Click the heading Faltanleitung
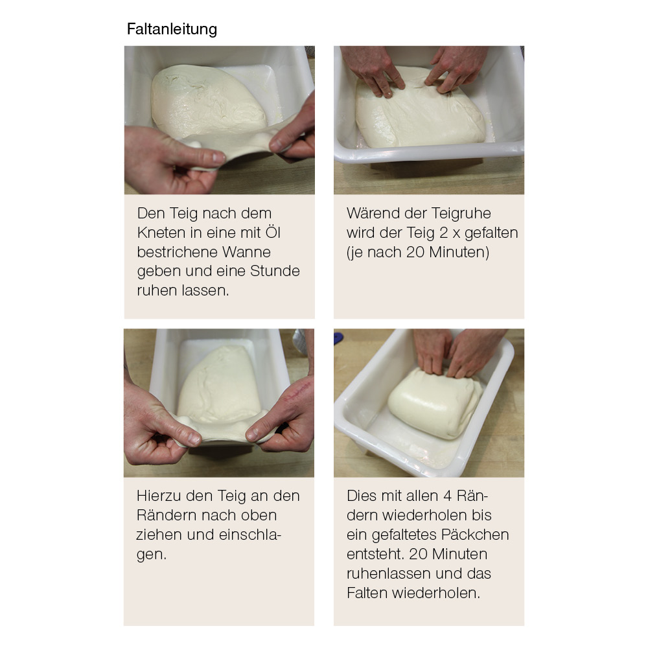172,30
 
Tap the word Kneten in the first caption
161,233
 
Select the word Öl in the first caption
273,232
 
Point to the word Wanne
246,252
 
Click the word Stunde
275,271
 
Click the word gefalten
491,233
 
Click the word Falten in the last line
367,593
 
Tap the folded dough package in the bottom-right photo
435,403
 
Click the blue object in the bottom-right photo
338,338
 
